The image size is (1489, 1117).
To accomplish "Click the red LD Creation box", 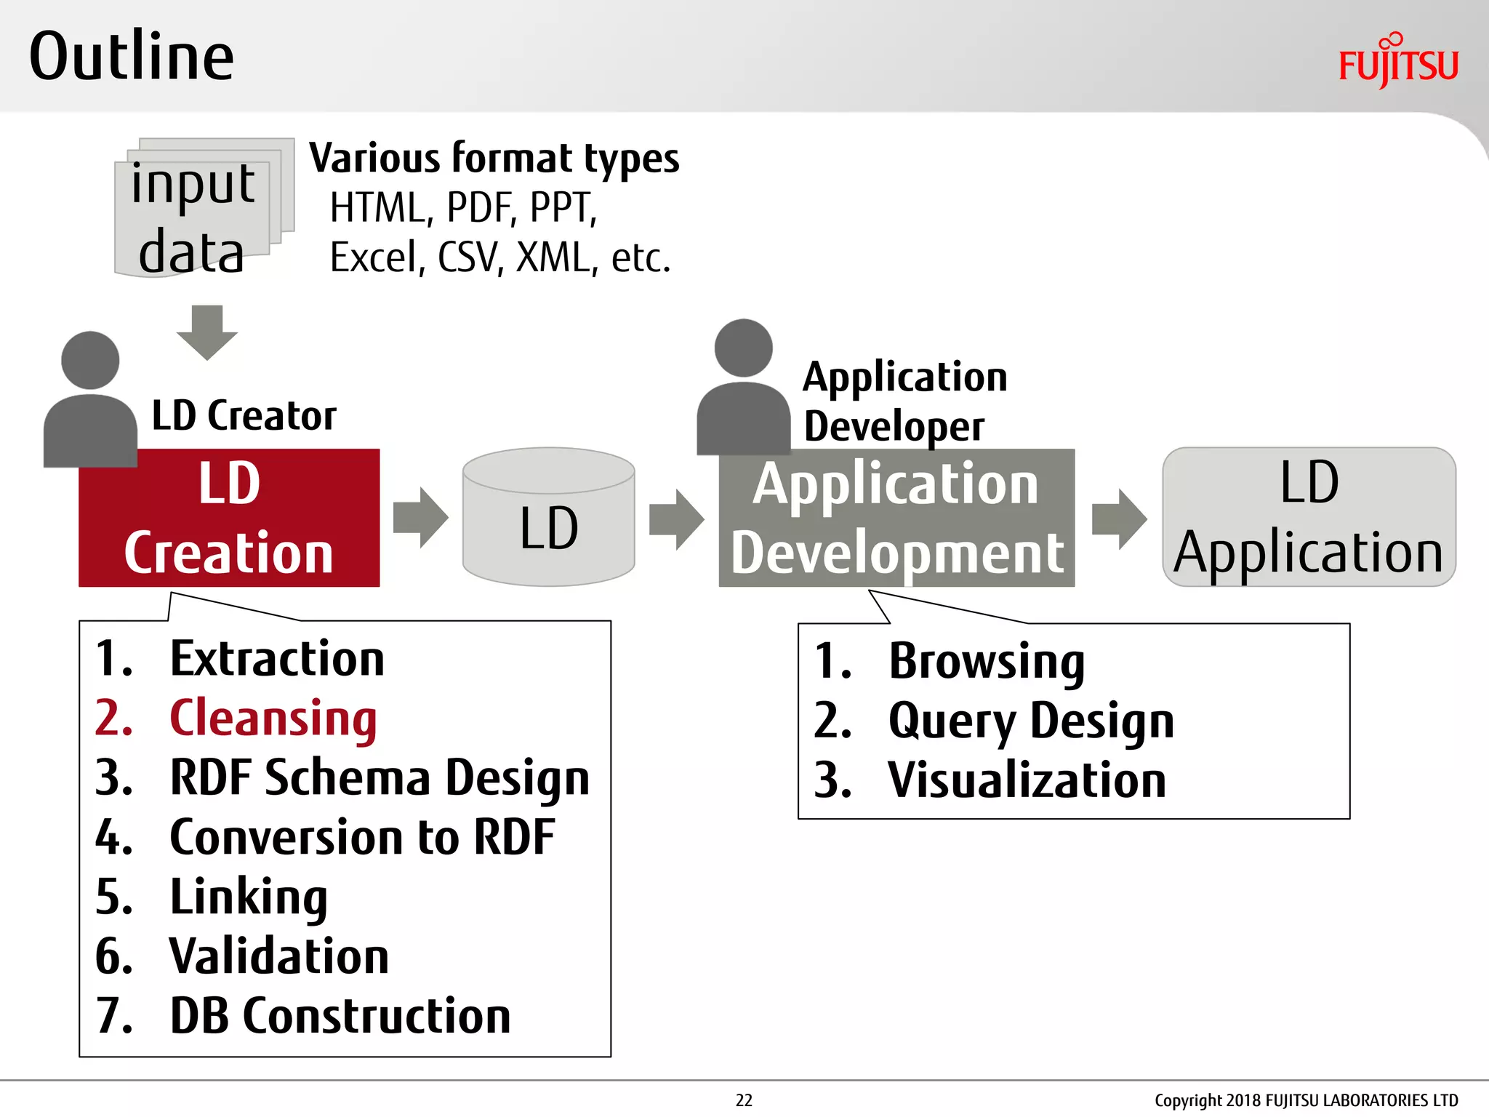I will tap(229, 518).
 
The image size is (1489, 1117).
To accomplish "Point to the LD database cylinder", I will tap(548, 518).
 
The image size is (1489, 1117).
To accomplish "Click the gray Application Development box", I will tap(896, 518).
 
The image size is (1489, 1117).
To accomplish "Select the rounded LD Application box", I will tap(1308, 518).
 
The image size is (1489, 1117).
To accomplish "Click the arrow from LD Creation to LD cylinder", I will tap(420, 518).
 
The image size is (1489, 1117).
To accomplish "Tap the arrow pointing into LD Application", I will tap(1118, 519).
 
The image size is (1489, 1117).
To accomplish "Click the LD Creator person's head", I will tap(90, 361).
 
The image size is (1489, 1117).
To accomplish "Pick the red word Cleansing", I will tap(273, 718).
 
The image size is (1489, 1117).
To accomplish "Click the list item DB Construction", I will tap(340, 1016).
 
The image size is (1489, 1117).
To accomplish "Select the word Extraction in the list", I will tap(276, 659).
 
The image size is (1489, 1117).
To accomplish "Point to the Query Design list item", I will tap(1030, 721).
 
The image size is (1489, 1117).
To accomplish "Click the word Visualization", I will tap(1027, 780).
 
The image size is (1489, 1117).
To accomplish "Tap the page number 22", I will tap(744, 1100).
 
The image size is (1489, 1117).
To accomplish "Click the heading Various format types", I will tap(494, 159).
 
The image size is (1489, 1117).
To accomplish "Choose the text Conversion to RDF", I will tap(361, 837).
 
